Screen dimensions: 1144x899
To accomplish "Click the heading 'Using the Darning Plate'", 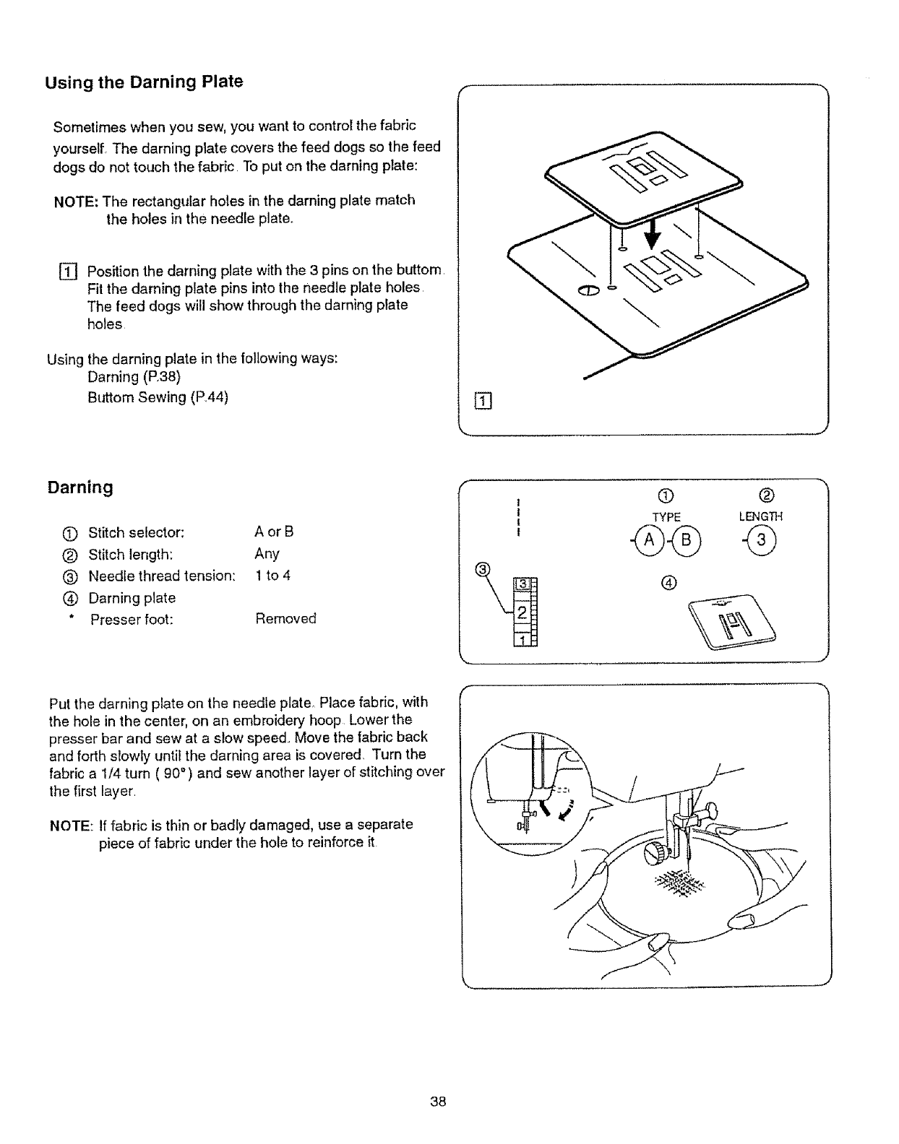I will pyautogui.click(x=145, y=82).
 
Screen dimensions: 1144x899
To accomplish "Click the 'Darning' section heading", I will pyautogui.click(x=80, y=487).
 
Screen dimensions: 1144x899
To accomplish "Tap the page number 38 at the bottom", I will pyautogui.click(x=437, y=1102).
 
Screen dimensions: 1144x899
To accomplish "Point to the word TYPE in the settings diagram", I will pyautogui.click(x=666, y=517).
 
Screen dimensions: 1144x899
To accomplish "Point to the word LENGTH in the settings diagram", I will pyautogui.click(x=760, y=517).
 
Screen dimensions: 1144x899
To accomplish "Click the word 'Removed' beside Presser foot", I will pyautogui.click(x=285, y=619).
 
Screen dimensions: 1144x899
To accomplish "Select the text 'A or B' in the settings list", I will pyautogui.click(x=274, y=532).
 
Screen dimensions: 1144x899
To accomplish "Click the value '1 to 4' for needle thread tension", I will pyautogui.click(x=272, y=576).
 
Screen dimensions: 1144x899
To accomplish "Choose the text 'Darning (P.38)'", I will pyautogui.click(x=134, y=378).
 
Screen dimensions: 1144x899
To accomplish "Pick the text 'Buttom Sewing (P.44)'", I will pyautogui.click(x=158, y=398).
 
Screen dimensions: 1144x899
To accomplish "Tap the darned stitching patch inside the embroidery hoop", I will pyautogui.click(x=679, y=883).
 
